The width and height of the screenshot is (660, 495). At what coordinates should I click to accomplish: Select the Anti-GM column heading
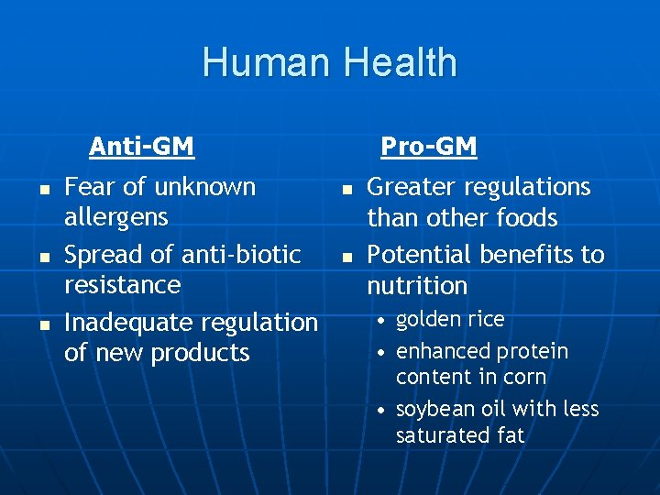tap(141, 147)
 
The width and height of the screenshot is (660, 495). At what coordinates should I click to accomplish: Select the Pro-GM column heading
tap(428, 147)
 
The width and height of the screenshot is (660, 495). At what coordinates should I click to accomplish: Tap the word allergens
tap(116, 218)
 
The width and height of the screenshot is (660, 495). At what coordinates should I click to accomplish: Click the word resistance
tap(122, 284)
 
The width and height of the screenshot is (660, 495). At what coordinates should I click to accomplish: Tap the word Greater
tap(411, 188)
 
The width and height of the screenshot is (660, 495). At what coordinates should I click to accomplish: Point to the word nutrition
tap(417, 286)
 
